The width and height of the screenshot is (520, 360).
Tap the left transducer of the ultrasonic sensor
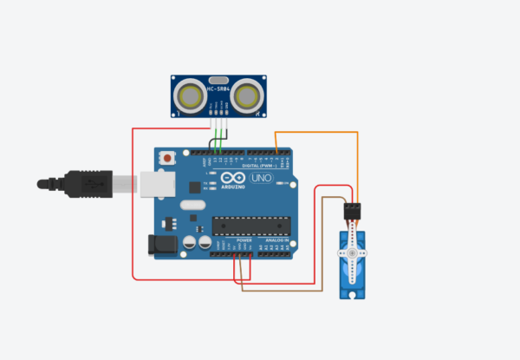point(190,95)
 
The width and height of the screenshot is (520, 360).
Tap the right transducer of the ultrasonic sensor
point(247,95)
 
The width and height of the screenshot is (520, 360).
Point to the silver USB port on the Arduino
point(154,184)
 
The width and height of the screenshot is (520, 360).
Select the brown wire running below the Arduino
point(277,290)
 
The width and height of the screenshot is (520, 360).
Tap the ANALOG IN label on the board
point(280,240)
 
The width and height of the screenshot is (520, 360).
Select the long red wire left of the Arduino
point(133,208)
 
